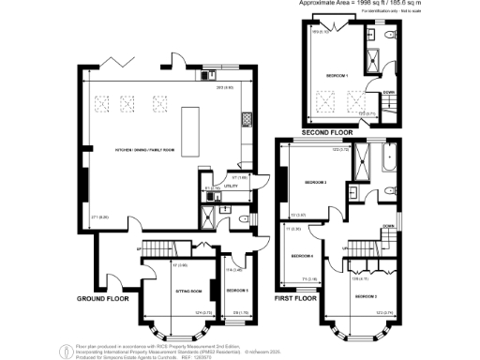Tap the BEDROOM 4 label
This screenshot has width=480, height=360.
(301, 256)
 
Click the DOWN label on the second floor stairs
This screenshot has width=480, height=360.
(388, 92)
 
